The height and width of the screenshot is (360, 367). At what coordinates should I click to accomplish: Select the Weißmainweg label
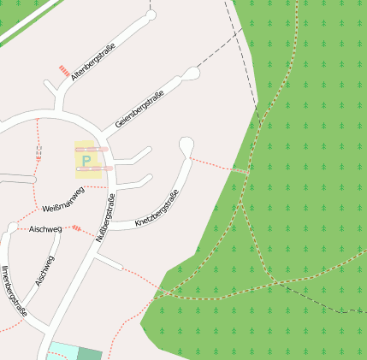pos(64,199)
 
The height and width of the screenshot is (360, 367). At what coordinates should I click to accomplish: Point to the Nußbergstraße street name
pos(107,219)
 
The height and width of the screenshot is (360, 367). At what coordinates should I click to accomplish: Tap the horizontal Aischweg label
pos(45,229)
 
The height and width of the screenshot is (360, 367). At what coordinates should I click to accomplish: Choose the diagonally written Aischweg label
pos(44,270)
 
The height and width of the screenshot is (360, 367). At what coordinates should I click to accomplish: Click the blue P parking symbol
pos(86,160)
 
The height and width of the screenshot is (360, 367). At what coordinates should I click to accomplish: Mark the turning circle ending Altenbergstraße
pos(151,15)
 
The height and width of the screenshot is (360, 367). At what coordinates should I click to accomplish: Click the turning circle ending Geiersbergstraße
pos(192,74)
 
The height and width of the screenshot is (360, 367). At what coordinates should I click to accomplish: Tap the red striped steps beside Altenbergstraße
pos(63,71)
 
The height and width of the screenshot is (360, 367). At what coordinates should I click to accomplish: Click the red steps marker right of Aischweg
pos(77,228)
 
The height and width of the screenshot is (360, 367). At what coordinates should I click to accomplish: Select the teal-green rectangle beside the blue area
pos(89,353)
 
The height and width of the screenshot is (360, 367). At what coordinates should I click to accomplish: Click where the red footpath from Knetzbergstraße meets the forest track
pos(247,173)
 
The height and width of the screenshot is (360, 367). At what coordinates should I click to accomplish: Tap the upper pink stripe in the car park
pos(92,149)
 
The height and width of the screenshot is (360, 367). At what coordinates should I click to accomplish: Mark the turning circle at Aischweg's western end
pos(11,227)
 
